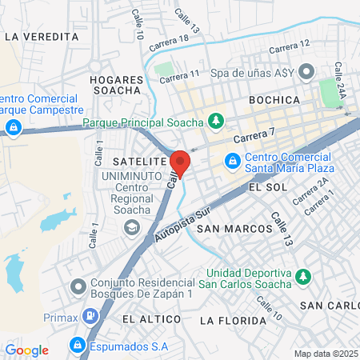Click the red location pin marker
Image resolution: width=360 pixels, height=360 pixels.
point(180,163)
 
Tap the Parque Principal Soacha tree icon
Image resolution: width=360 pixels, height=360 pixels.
point(215,122)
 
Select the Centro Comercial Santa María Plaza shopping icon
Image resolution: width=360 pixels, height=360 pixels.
point(232,162)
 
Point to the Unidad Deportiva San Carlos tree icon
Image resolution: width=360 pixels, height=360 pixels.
point(302,277)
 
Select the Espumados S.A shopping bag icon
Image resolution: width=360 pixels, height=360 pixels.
point(78,346)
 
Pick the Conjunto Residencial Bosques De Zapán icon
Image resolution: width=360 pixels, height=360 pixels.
point(78,286)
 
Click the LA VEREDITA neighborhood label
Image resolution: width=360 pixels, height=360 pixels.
point(42,37)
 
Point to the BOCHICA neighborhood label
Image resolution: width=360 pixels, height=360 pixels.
point(274,100)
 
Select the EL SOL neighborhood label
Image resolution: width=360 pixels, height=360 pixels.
point(267,186)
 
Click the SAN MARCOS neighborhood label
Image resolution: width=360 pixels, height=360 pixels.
point(234,229)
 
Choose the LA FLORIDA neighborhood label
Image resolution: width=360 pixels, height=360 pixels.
point(232,321)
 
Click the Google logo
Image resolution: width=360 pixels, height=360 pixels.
point(27,350)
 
